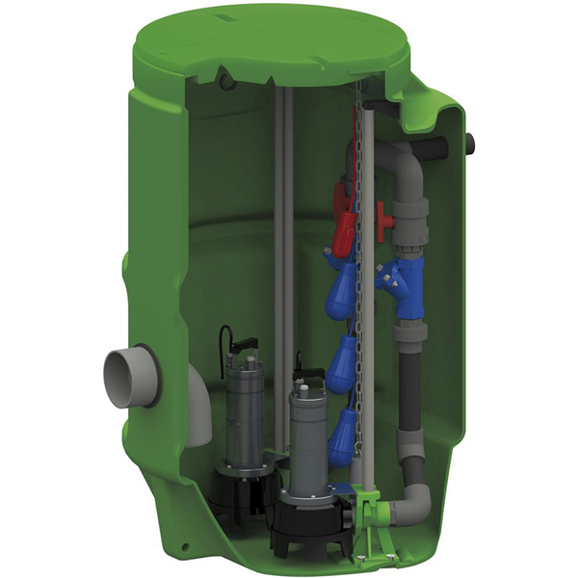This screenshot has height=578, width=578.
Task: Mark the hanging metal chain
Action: pyautogui.click(x=359, y=289)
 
